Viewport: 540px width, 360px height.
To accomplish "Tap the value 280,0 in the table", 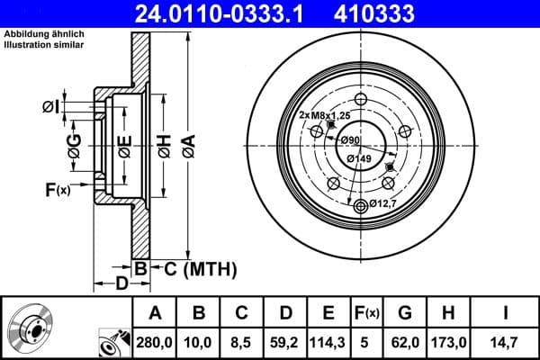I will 154,342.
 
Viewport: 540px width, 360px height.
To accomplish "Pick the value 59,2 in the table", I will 284,342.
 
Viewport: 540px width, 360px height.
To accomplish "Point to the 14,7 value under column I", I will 508,342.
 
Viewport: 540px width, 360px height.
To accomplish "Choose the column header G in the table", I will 405,313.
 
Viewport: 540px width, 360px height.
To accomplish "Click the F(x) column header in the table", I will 367,313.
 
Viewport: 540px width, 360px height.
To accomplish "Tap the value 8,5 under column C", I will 241,342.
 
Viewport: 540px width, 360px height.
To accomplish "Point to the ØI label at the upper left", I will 51,108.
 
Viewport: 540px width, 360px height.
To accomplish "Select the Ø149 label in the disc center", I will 360,159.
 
